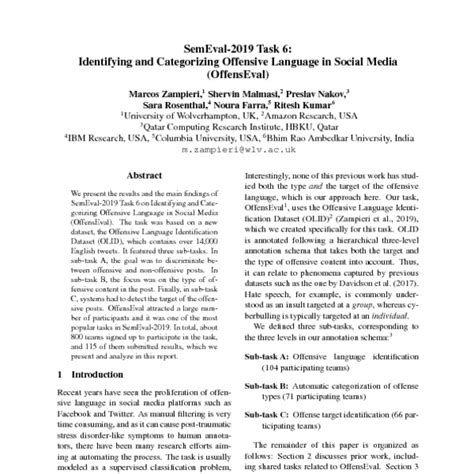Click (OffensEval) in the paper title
(x=237, y=73)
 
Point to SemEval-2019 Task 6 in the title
(x=236, y=47)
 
